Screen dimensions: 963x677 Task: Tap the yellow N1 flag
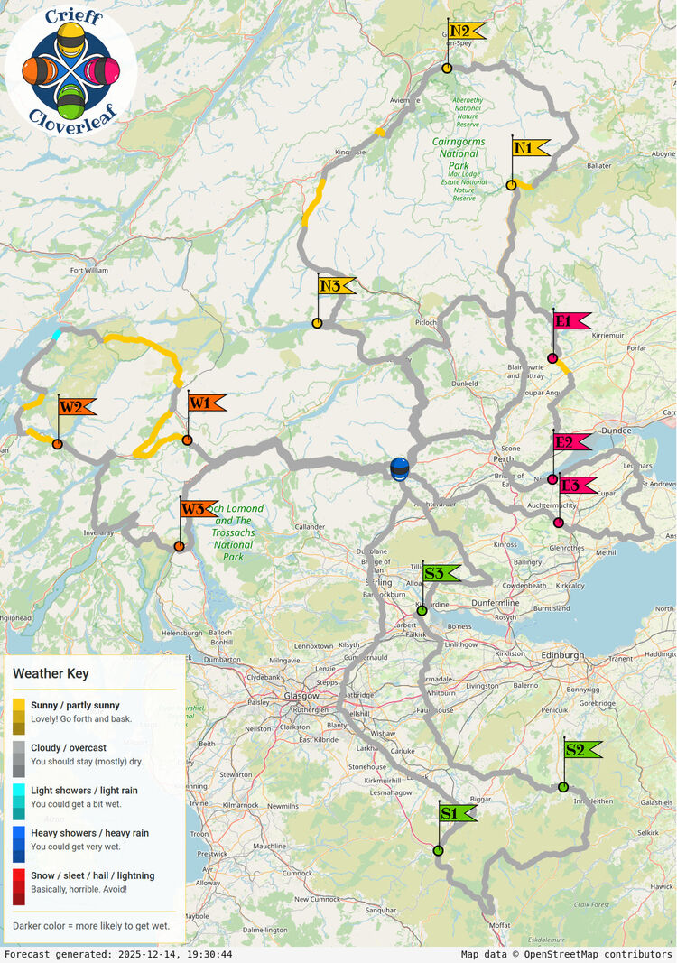pos(531,148)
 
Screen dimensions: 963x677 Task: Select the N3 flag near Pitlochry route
pos(336,286)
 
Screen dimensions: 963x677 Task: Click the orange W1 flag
pos(206,403)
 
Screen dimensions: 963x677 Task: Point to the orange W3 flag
pos(198,509)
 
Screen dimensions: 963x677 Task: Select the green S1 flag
pos(457,813)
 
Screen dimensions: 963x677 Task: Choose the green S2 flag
pos(582,749)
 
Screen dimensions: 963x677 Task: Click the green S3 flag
pos(441,573)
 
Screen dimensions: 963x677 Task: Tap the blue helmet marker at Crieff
pos(399,469)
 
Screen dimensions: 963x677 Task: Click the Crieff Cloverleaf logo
pos(70,69)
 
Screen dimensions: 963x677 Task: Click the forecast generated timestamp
pos(118,954)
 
